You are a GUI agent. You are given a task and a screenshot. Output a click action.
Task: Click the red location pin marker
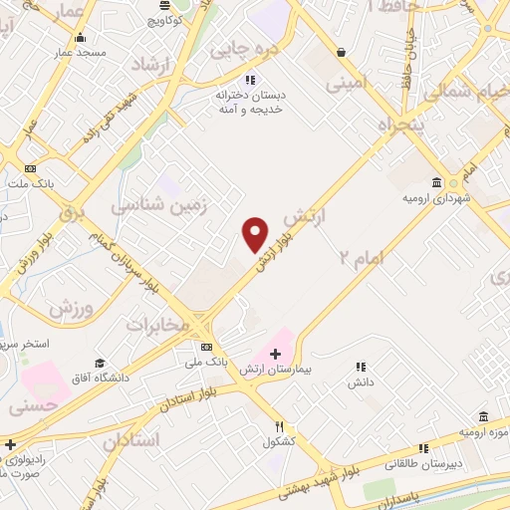[x=255, y=234]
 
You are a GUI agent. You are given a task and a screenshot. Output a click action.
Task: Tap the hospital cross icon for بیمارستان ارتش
[x=276, y=355]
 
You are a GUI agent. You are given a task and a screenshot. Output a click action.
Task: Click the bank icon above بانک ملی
[x=206, y=347]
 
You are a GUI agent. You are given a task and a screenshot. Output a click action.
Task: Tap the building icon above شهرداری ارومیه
[x=437, y=182]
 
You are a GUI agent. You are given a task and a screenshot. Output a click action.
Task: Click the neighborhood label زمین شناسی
[x=143, y=205]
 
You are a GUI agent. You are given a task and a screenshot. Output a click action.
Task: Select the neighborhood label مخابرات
[x=156, y=324]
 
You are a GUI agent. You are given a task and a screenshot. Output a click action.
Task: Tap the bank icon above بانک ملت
[x=31, y=168]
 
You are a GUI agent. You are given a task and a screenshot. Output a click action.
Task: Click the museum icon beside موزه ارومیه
[x=483, y=415]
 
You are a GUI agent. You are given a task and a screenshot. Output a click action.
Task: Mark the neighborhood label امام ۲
[x=362, y=257]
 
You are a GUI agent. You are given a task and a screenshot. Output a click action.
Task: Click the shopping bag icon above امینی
[x=342, y=52]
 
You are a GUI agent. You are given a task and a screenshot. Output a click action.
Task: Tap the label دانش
[x=360, y=382]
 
